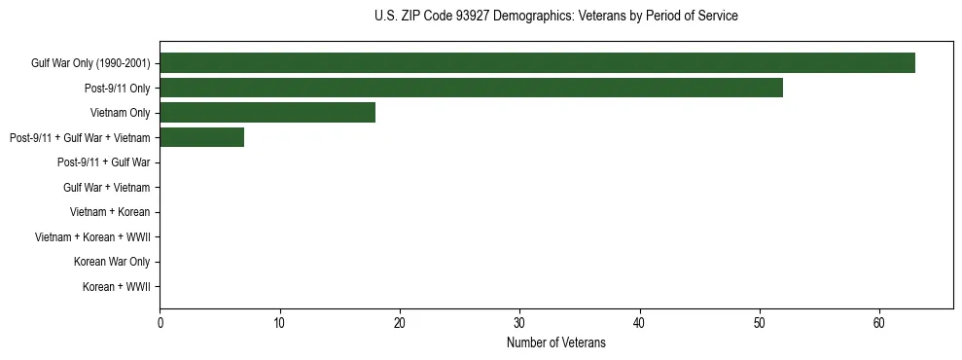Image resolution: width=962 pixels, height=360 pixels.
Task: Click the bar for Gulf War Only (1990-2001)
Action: tap(537, 63)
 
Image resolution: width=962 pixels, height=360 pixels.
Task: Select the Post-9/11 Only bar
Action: tap(471, 89)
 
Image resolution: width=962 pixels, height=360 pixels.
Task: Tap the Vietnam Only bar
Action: tap(267, 113)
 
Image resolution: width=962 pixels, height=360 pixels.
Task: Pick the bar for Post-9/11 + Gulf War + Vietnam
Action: tap(201, 137)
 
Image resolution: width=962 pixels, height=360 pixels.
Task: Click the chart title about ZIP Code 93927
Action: tap(555, 17)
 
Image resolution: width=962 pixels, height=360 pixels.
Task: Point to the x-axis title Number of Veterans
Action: tap(555, 342)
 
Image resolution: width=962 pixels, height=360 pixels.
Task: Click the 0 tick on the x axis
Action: tap(160, 323)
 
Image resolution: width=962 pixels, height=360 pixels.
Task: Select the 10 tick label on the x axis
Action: tap(279, 323)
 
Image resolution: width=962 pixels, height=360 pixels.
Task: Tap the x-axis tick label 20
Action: tap(400, 323)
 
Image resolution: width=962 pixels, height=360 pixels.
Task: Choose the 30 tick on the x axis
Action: tap(519, 323)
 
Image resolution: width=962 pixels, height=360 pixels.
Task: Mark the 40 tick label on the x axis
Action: tap(639, 323)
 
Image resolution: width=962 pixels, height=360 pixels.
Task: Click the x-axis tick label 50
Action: tap(760, 323)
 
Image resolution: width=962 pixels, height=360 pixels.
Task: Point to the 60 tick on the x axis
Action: tap(879, 323)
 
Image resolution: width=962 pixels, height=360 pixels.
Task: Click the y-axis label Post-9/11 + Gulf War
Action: tap(103, 162)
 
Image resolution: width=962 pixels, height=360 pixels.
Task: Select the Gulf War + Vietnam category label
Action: tap(106, 188)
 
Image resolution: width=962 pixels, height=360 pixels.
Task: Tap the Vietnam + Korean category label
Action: tap(110, 212)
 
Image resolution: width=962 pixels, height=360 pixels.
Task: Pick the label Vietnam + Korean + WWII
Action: tap(92, 237)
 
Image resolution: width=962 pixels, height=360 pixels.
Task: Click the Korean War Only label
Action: tap(112, 262)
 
